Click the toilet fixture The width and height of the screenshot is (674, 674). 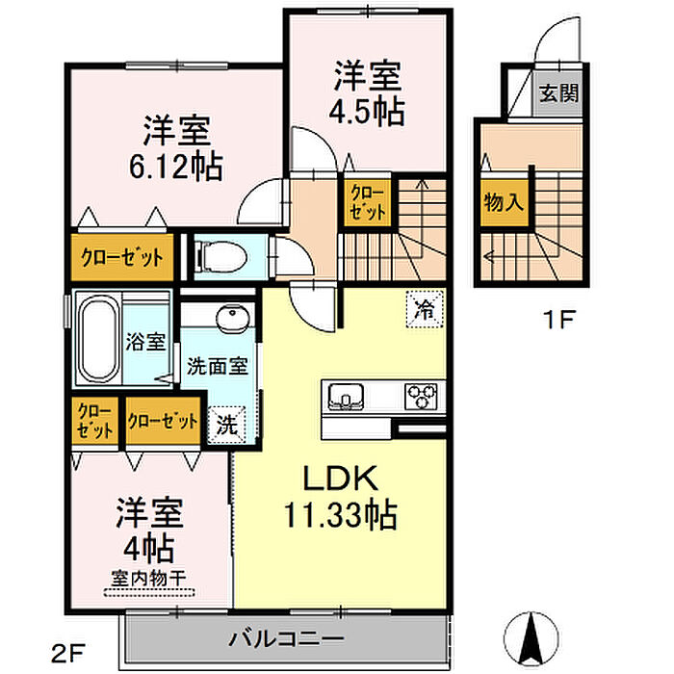pos(210,257)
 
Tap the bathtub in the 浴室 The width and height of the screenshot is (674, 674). pos(96,340)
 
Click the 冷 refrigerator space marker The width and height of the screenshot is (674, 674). pos(423,309)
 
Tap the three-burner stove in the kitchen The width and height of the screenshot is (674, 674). pos(421,394)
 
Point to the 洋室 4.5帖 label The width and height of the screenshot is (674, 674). pos(368,91)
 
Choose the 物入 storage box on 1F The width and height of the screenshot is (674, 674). pos(503,203)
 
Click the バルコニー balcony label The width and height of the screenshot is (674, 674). pos(286,638)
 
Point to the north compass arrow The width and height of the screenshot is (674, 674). pos(531,635)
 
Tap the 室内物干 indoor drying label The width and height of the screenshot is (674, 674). pos(147,580)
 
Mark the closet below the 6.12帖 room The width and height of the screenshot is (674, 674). pos(120,257)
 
